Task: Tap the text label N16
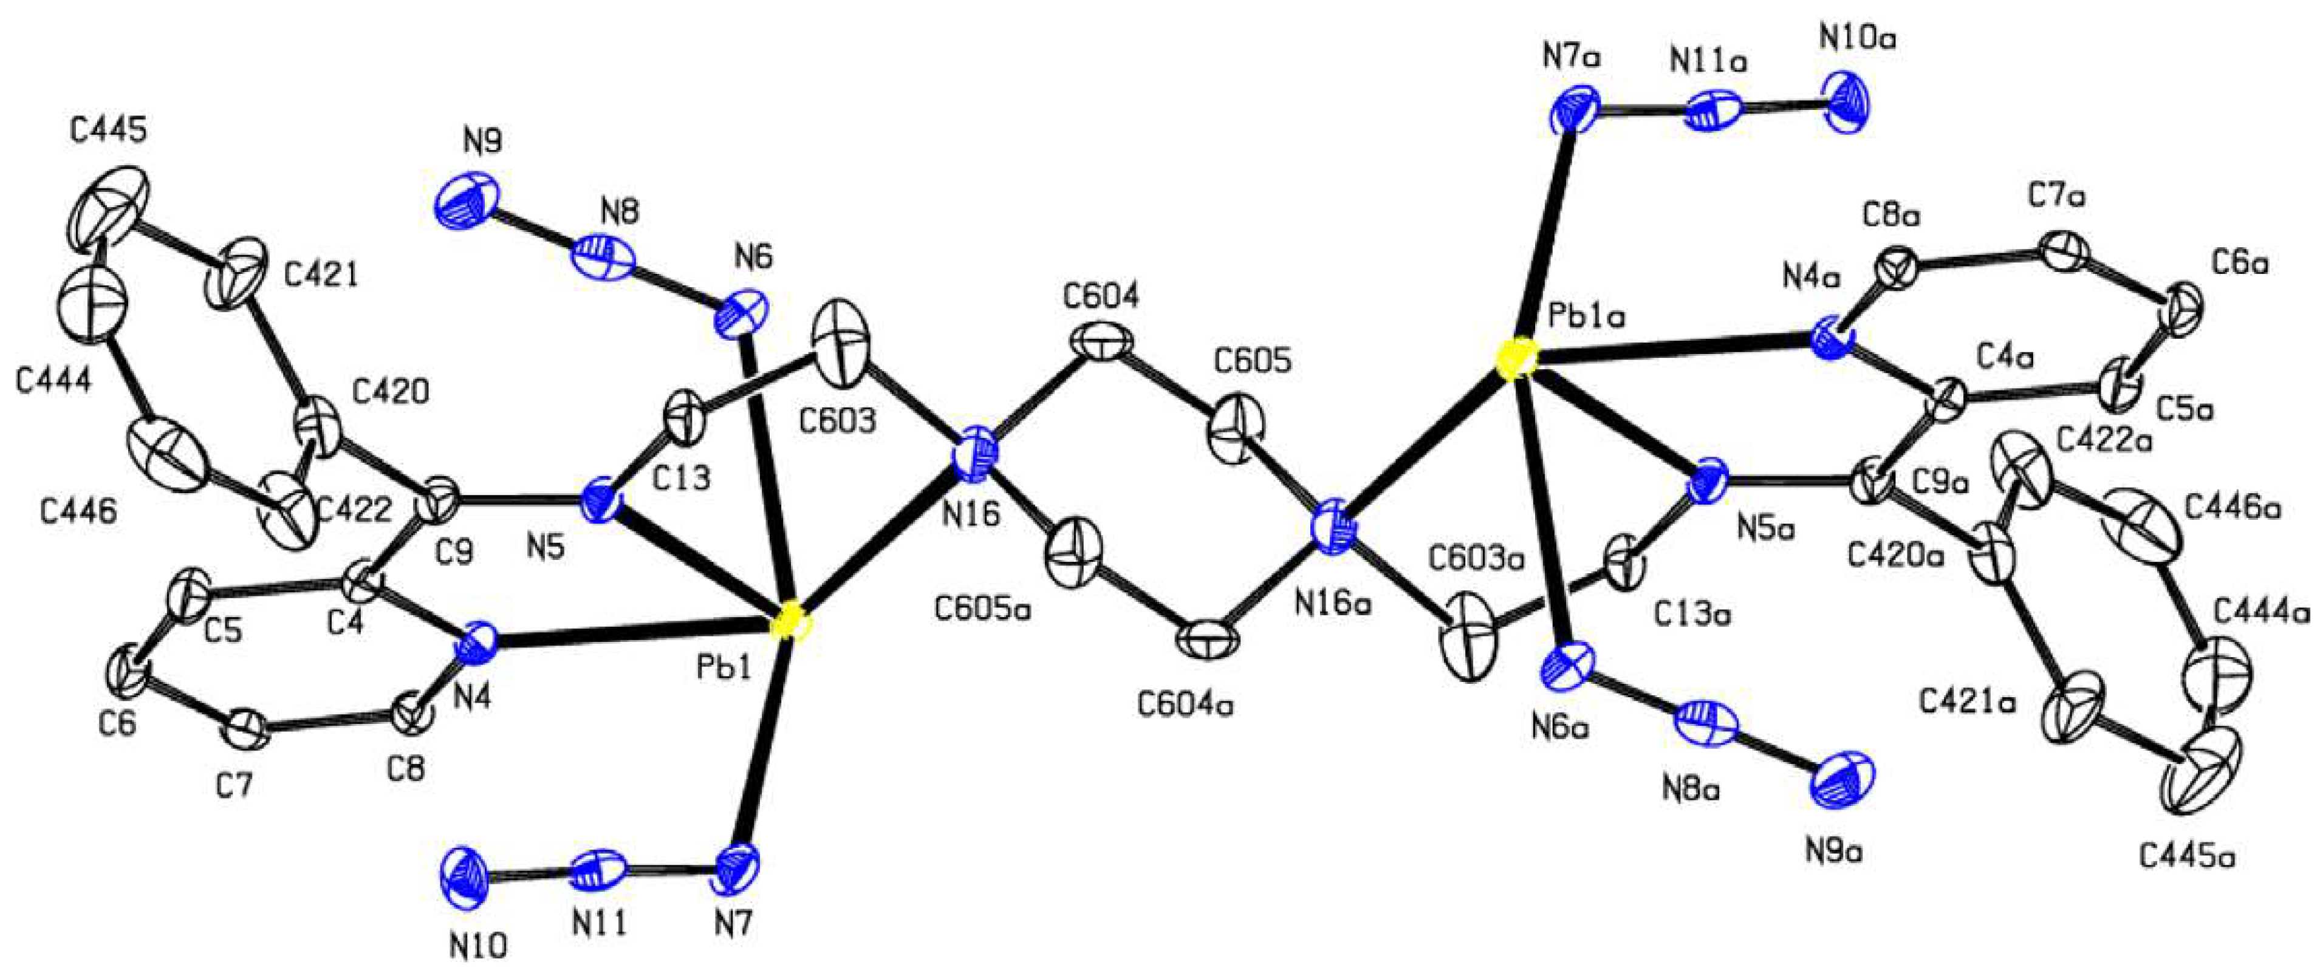[x=970, y=514]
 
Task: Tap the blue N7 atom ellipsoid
[x=739, y=865]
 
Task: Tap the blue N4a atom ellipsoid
[x=1830, y=343]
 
